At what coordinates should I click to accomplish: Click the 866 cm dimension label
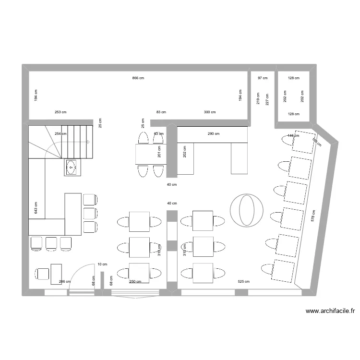138,78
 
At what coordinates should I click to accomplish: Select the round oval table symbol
247,209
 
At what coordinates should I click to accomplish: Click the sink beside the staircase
72,168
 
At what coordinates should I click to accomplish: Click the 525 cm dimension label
244,282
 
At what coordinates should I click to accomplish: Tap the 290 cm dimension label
214,134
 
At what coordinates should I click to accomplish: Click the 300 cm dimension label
210,112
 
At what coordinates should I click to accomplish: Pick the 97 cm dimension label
263,78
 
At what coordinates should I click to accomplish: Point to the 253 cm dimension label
60,112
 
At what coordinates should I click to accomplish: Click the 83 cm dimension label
161,112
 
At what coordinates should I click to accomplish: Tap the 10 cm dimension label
102,264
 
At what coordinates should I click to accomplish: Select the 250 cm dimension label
135,282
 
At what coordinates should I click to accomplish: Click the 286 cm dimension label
64,282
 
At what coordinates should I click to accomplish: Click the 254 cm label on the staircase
60,134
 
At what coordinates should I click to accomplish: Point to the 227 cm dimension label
267,99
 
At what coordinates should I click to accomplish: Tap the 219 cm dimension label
258,99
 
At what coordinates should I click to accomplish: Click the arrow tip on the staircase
89,142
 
